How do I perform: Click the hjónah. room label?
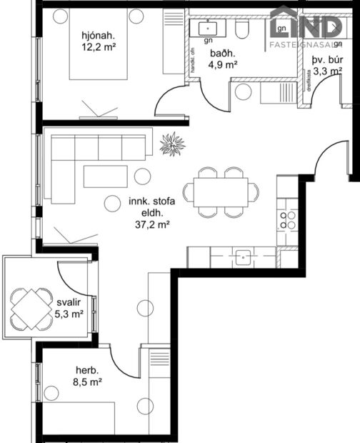pos(98,34)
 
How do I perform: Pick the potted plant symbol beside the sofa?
pos(172,144)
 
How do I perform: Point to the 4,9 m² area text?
pos(222,65)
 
